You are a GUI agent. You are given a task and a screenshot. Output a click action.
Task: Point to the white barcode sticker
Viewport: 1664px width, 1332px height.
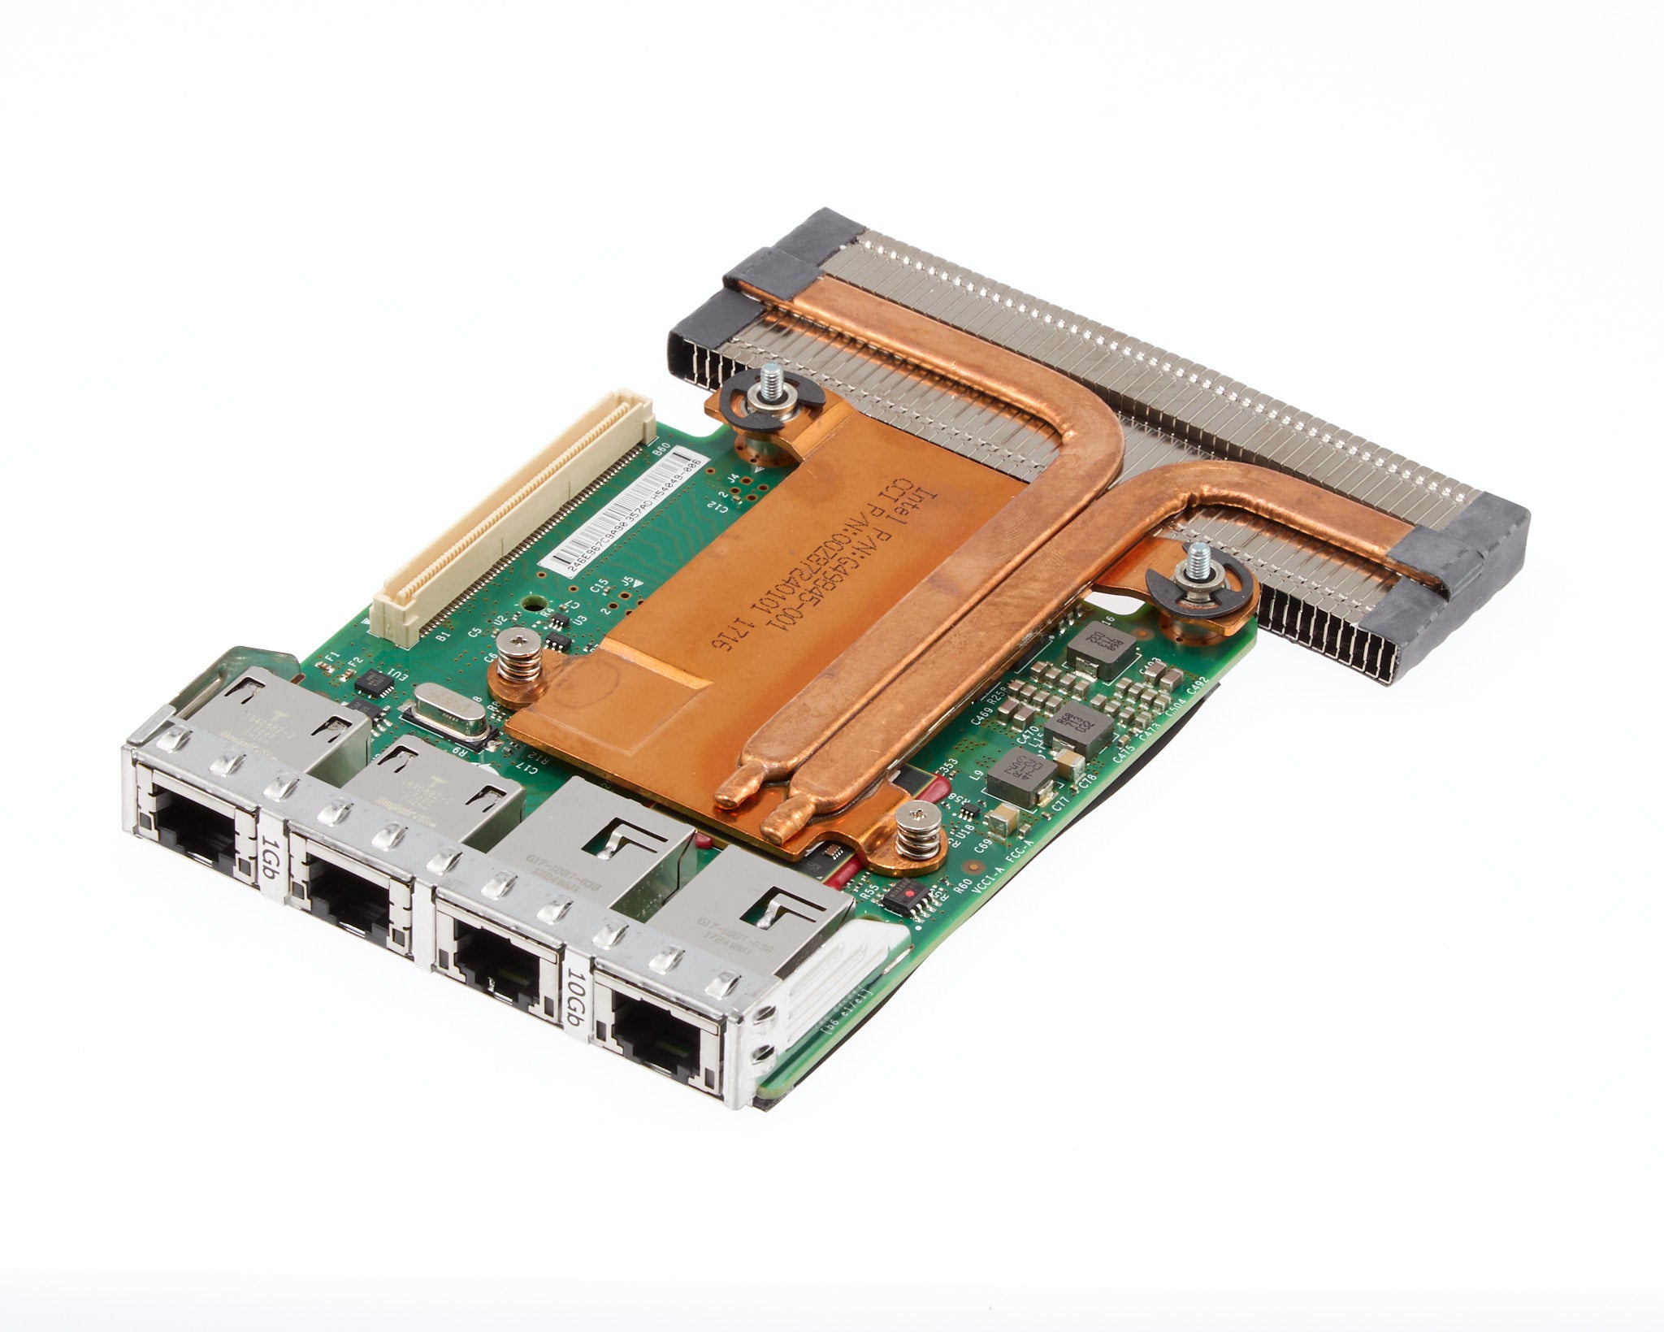coord(625,520)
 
